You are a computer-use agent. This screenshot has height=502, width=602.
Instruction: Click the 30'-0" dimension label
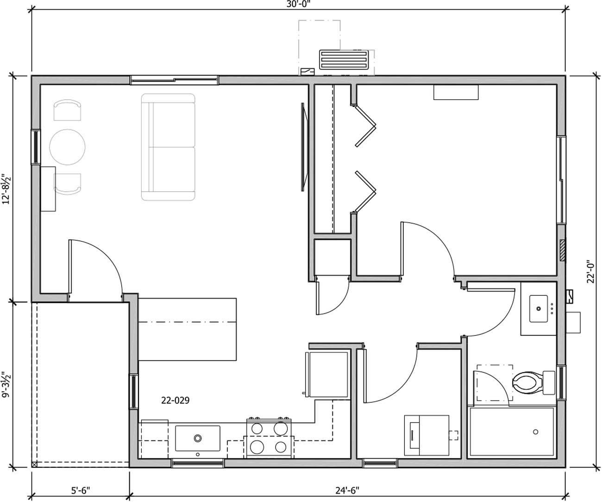(x=299, y=3)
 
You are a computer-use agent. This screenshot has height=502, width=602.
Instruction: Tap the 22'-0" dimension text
(x=590, y=270)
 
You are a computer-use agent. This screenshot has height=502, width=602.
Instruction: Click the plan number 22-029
(x=175, y=400)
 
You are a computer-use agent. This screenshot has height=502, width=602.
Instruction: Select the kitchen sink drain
(x=198, y=438)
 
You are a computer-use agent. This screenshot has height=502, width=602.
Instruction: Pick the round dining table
(x=68, y=147)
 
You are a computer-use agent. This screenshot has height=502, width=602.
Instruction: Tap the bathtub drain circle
(x=535, y=432)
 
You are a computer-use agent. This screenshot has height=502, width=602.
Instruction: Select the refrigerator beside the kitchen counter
(x=326, y=374)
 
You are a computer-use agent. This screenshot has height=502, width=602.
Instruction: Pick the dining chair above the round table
(x=68, y=110)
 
